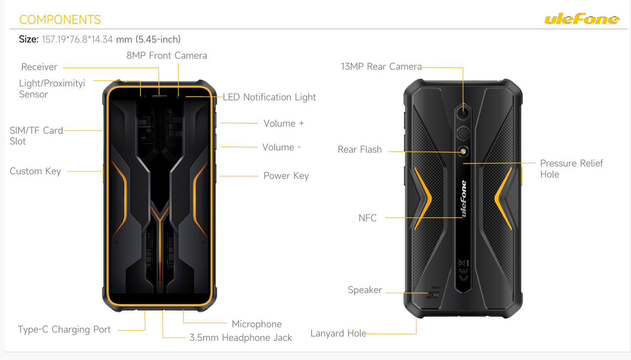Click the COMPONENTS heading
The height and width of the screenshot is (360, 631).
pos(60,20)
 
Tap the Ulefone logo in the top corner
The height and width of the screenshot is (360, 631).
pos(582,19)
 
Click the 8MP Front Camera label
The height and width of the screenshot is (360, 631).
pos(167,55)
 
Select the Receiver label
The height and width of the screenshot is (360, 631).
pos(39,67)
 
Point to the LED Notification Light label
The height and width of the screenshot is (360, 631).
pos(269,97)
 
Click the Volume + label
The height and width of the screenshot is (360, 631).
pos(284,123)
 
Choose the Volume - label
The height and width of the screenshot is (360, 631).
pos(282,147)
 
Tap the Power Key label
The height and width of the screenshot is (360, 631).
pos(286,176)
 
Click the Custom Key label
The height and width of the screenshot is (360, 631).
pos(35,171)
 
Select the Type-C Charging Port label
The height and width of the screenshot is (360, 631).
pos(64,329)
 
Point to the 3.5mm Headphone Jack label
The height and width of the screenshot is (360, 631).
pos(241,338)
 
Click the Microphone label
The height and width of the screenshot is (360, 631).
pos(257,324)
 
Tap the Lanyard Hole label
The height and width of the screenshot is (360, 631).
pos(338,333)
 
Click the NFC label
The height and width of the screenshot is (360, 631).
pos(367,218)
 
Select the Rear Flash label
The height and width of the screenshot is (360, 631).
pos(359,149)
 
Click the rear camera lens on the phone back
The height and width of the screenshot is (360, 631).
pos(463,113)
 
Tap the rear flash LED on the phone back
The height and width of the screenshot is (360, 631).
pos(463,152)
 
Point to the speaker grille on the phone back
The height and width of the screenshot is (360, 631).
pos(434,293)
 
